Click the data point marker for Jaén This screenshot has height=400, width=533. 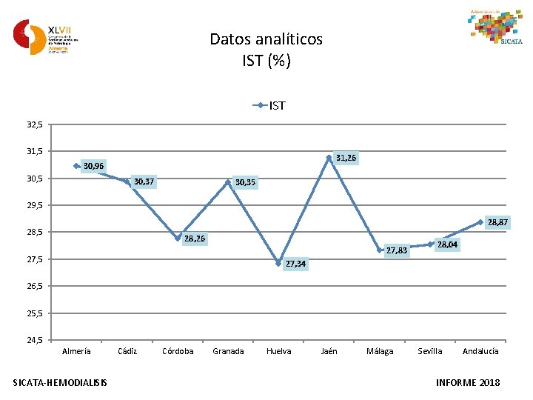click(x=329, y=158)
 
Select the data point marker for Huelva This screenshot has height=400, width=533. click(x=278, y=263)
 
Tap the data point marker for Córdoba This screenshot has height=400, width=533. click(x=178, y=238)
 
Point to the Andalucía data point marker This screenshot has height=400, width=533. click(x=480, y=222)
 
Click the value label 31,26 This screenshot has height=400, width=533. click(x=346, y=158)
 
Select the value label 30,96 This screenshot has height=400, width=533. click(x=94, y=165)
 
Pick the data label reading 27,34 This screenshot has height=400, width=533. click(x=295, y=264)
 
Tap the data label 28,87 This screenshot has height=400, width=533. click(x=497, y=222)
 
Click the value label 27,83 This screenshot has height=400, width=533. click(x=397, y=250)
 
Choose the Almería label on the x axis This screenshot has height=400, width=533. click(x=77, y=351)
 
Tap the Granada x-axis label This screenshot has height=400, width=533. click(x=228, y=351)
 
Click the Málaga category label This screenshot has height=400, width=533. click(x=380, y=351)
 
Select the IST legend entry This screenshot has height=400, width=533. click(x=270, y=106)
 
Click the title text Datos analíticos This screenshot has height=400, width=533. click(x=266, y=39)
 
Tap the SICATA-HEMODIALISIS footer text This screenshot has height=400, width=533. click(x=60, y=382)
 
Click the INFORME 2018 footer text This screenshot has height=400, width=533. click(x=469, y=382)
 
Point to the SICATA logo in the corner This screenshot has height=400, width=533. click(x=496, y=27)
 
